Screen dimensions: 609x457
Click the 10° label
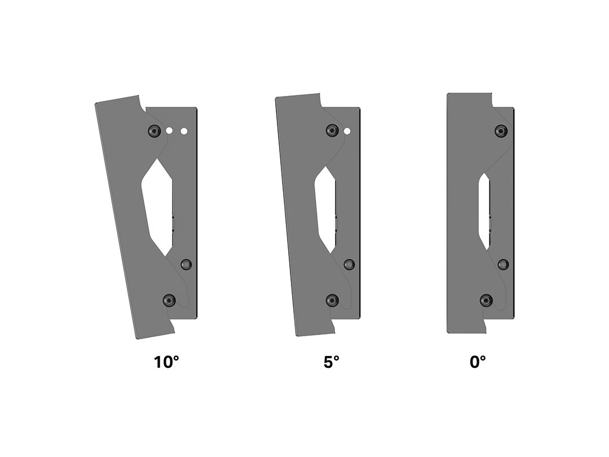[x=166, y=362]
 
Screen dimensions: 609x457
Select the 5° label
[x=332, y=362]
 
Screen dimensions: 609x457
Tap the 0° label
[x=478, y=362]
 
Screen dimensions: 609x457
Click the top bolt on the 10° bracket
[x=155, y=131]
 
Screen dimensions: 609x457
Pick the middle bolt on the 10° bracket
[x=187, y=265]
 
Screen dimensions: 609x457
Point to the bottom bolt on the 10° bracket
[x=169, y=300]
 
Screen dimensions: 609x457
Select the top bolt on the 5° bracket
[x=333, y=130]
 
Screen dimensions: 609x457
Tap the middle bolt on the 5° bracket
[x=350, y=265]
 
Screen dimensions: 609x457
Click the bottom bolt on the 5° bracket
[x=333, y=300]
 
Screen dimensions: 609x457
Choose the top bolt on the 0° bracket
[x=501, y=131]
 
